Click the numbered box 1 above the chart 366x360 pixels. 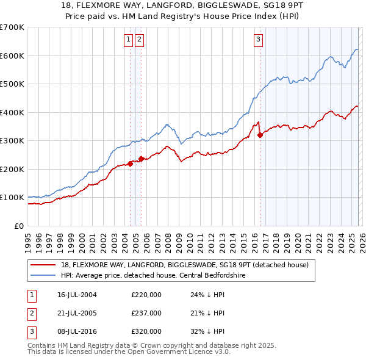coord(129,40)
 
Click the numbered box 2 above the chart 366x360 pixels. coord(140,40)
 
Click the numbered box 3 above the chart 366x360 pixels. coord(258,40)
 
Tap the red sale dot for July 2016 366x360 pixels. coord(260,135)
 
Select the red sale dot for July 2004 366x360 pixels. coord(131,164)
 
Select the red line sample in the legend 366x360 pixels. coord(44,265)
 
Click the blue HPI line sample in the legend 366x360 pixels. coord(44,275)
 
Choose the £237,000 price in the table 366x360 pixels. coord(146,313)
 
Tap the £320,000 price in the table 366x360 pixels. coord(146,331)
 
